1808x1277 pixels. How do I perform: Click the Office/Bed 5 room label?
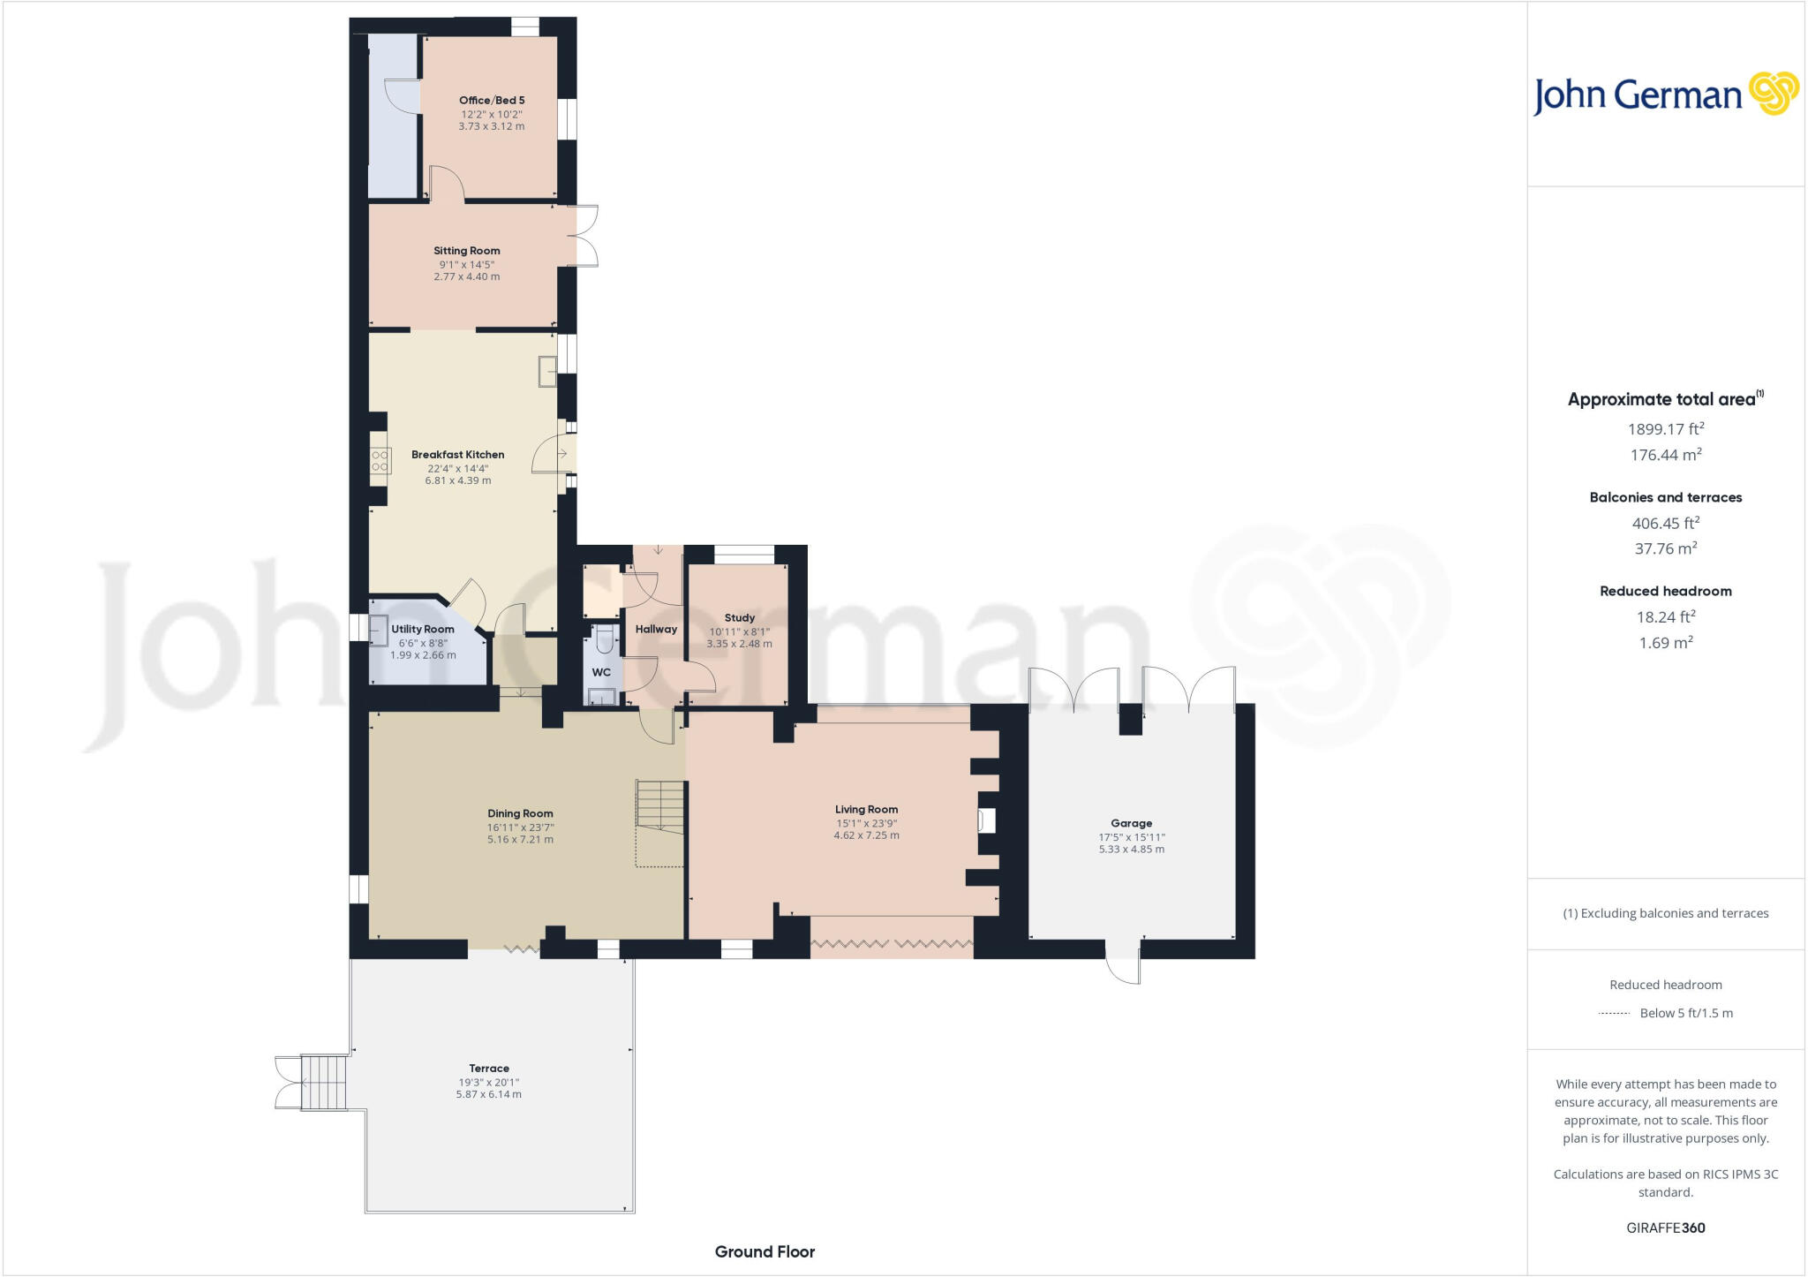[x=492, y=101]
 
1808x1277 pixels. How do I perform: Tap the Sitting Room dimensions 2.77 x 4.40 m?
[x=466, y=276]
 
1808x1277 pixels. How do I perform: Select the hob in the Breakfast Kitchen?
[x=380, y=460]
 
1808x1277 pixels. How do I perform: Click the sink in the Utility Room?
[x=378, y=631]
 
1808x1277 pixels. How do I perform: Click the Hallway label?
[x=656, y=629]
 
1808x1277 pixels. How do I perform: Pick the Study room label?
[x=739, y=617]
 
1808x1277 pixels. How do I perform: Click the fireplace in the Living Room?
[x=986, y=821]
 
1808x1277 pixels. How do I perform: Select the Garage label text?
[x=1131, y=823]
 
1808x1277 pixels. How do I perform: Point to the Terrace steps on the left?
[x=323, y=1082]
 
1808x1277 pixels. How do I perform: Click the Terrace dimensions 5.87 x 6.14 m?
[x=488, y=1094]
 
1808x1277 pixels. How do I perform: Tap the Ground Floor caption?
[x=765, y=1251]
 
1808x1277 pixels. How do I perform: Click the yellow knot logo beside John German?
[x=1773, y=94]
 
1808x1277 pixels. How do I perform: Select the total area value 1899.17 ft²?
[x=1665, y=429]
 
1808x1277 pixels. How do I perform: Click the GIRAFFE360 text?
[x=1665, y=1228]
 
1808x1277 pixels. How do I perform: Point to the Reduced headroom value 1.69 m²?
[x=1665, y=643]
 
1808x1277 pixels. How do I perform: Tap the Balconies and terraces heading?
[x=1665, y=497]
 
